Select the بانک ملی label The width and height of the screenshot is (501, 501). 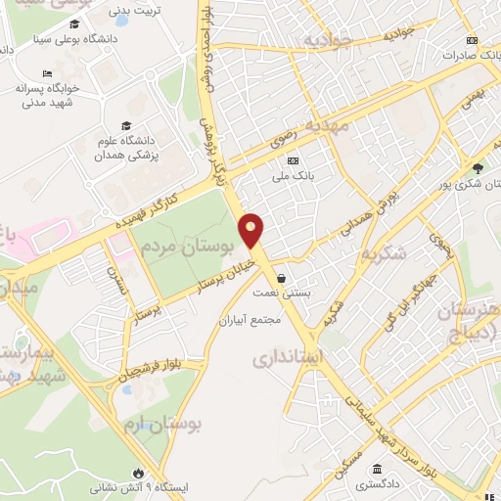click(292, 179)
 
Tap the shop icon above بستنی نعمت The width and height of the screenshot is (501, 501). click(281, 277)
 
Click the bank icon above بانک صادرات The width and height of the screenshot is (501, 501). click(473, 40)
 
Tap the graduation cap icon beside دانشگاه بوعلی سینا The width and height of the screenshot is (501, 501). click(73, 23)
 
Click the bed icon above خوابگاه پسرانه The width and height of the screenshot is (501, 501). click(48, 72)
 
